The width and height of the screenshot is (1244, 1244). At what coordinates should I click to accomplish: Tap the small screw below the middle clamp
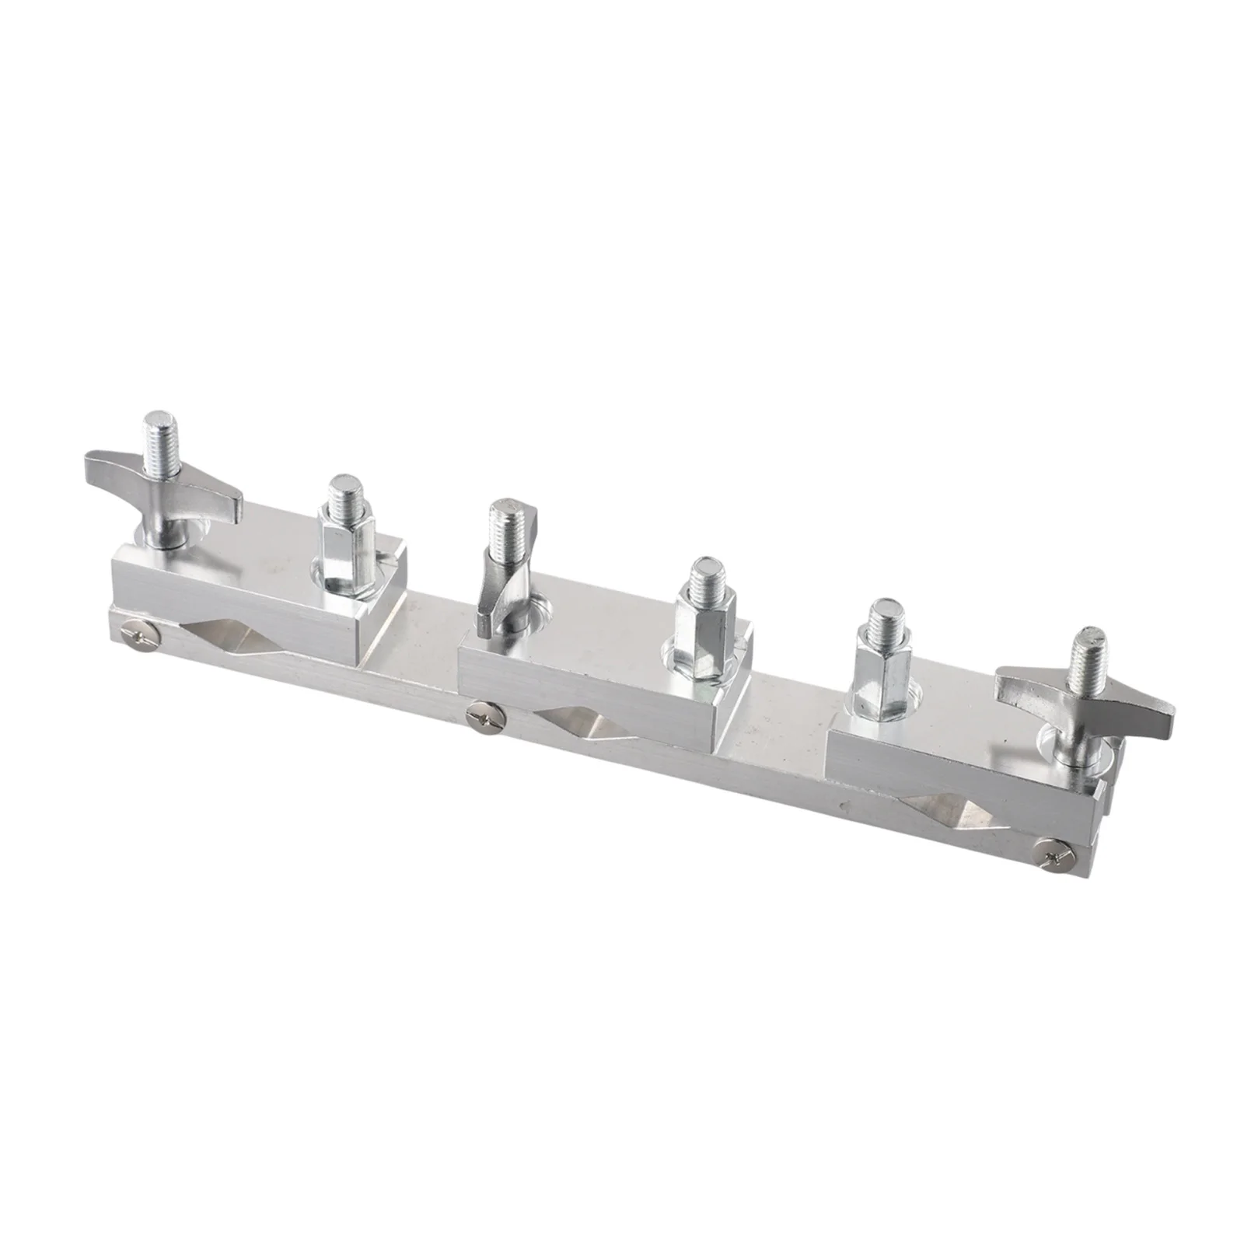485,717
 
